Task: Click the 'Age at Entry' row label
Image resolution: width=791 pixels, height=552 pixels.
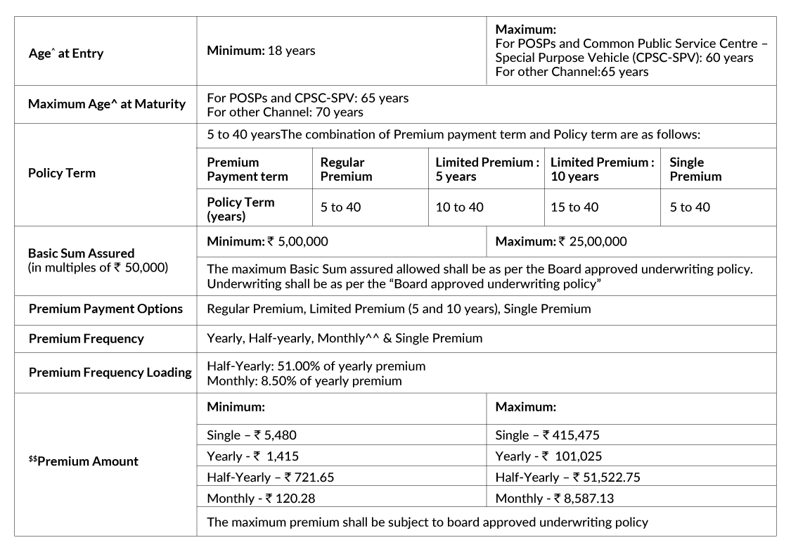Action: click(66, 53)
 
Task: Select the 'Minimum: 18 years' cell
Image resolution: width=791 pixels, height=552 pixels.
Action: click(261, 51)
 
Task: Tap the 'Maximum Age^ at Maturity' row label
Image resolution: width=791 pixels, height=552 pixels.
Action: click(107, 104)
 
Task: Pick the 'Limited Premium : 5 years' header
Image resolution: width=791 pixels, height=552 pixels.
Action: click(487, 169)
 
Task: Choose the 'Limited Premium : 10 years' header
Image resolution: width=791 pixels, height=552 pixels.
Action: click(603, 169)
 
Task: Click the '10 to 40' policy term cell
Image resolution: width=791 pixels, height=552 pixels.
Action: click(459, 207)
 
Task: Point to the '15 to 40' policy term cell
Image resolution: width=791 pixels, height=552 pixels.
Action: click(574, 207)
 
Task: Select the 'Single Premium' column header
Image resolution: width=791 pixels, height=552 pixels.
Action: click(695, 169)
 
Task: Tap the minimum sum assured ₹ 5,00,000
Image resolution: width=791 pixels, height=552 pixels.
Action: click(267, 241)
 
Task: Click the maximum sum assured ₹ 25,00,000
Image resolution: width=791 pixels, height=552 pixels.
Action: click(560, 241)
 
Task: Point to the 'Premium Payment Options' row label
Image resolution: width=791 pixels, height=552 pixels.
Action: click(105, 309)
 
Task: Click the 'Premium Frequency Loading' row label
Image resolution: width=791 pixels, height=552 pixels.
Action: click(110, 372)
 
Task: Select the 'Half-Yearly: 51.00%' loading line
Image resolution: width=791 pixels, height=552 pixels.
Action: click(316, 366)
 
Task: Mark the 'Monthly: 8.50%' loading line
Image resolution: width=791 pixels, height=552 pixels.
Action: click(304, 381)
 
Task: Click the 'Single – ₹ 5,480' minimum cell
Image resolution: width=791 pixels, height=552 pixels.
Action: click(251, 435)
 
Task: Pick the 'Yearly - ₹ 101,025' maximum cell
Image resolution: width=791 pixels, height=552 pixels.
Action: click(548, 456)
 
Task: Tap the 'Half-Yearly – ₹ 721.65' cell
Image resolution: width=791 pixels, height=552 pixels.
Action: click(270, 477)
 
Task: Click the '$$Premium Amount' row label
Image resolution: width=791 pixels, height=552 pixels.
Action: click(83, 461)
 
